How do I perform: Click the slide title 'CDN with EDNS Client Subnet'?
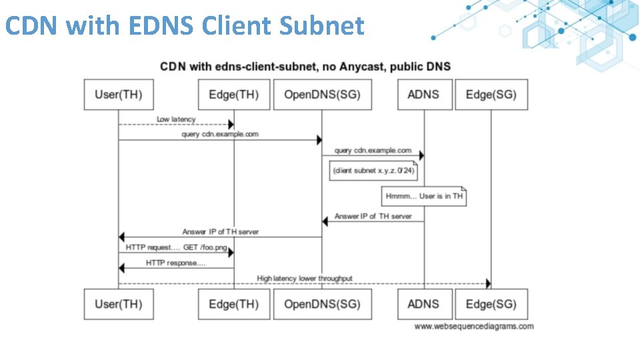[x=185, y=26]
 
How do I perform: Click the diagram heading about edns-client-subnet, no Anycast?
[x=305, y=66]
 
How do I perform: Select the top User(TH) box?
[x=119, y=95]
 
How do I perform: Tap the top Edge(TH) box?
[x=234, y=95]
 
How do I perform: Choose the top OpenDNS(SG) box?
[x=322, y=95]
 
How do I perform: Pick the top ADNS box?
[x=424, y=95]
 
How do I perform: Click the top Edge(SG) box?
[x=491, y=95]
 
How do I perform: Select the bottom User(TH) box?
[x=119, y=304]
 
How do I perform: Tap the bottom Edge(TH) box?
[x=234, y=304]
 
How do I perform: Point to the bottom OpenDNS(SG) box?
[x=322, y=304]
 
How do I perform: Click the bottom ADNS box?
[x=424, y=304]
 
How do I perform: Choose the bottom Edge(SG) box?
[x=491, y=304]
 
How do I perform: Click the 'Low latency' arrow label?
[x=176, y=119]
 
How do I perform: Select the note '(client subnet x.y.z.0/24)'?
[x=374, y=171]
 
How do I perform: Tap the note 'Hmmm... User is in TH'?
[x=424, y=197]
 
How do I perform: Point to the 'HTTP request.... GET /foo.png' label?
[x=176, y=247]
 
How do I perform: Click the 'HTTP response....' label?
[x=176, y=263]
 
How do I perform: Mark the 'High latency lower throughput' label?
[x=305, y=278]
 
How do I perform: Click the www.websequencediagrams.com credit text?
[x=473, y=327]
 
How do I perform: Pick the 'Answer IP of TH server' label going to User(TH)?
[x=220, y=231]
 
